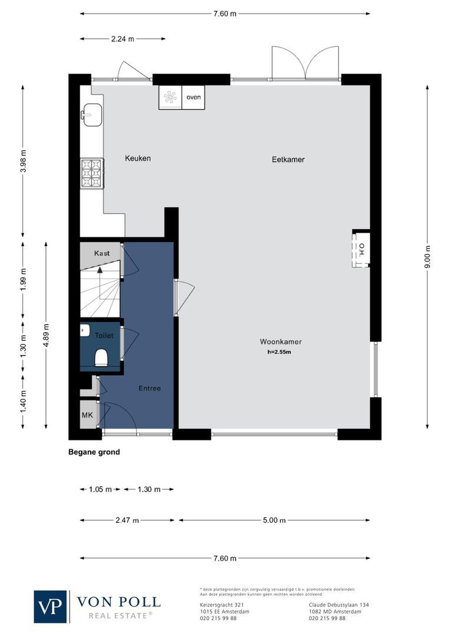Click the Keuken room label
click(138, 158)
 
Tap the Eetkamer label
click(288, 159)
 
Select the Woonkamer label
click(280, 342)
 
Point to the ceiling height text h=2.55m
click(280, 352)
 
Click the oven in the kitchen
click(194, 98)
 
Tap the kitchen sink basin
click(92, 114)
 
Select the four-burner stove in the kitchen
click(92, 173)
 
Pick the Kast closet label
click(102, 253)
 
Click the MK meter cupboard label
click(87, 416)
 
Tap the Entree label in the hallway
click(150, 388)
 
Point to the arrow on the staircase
click(100, 270)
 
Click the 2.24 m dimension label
click(123, 39)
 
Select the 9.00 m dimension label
click(428, 257)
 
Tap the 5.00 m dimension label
click(274, 521)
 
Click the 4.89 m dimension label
click(47, 335)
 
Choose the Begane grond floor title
click(94, 452)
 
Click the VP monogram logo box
click(51, 607)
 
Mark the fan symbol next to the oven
click(171, 98)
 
